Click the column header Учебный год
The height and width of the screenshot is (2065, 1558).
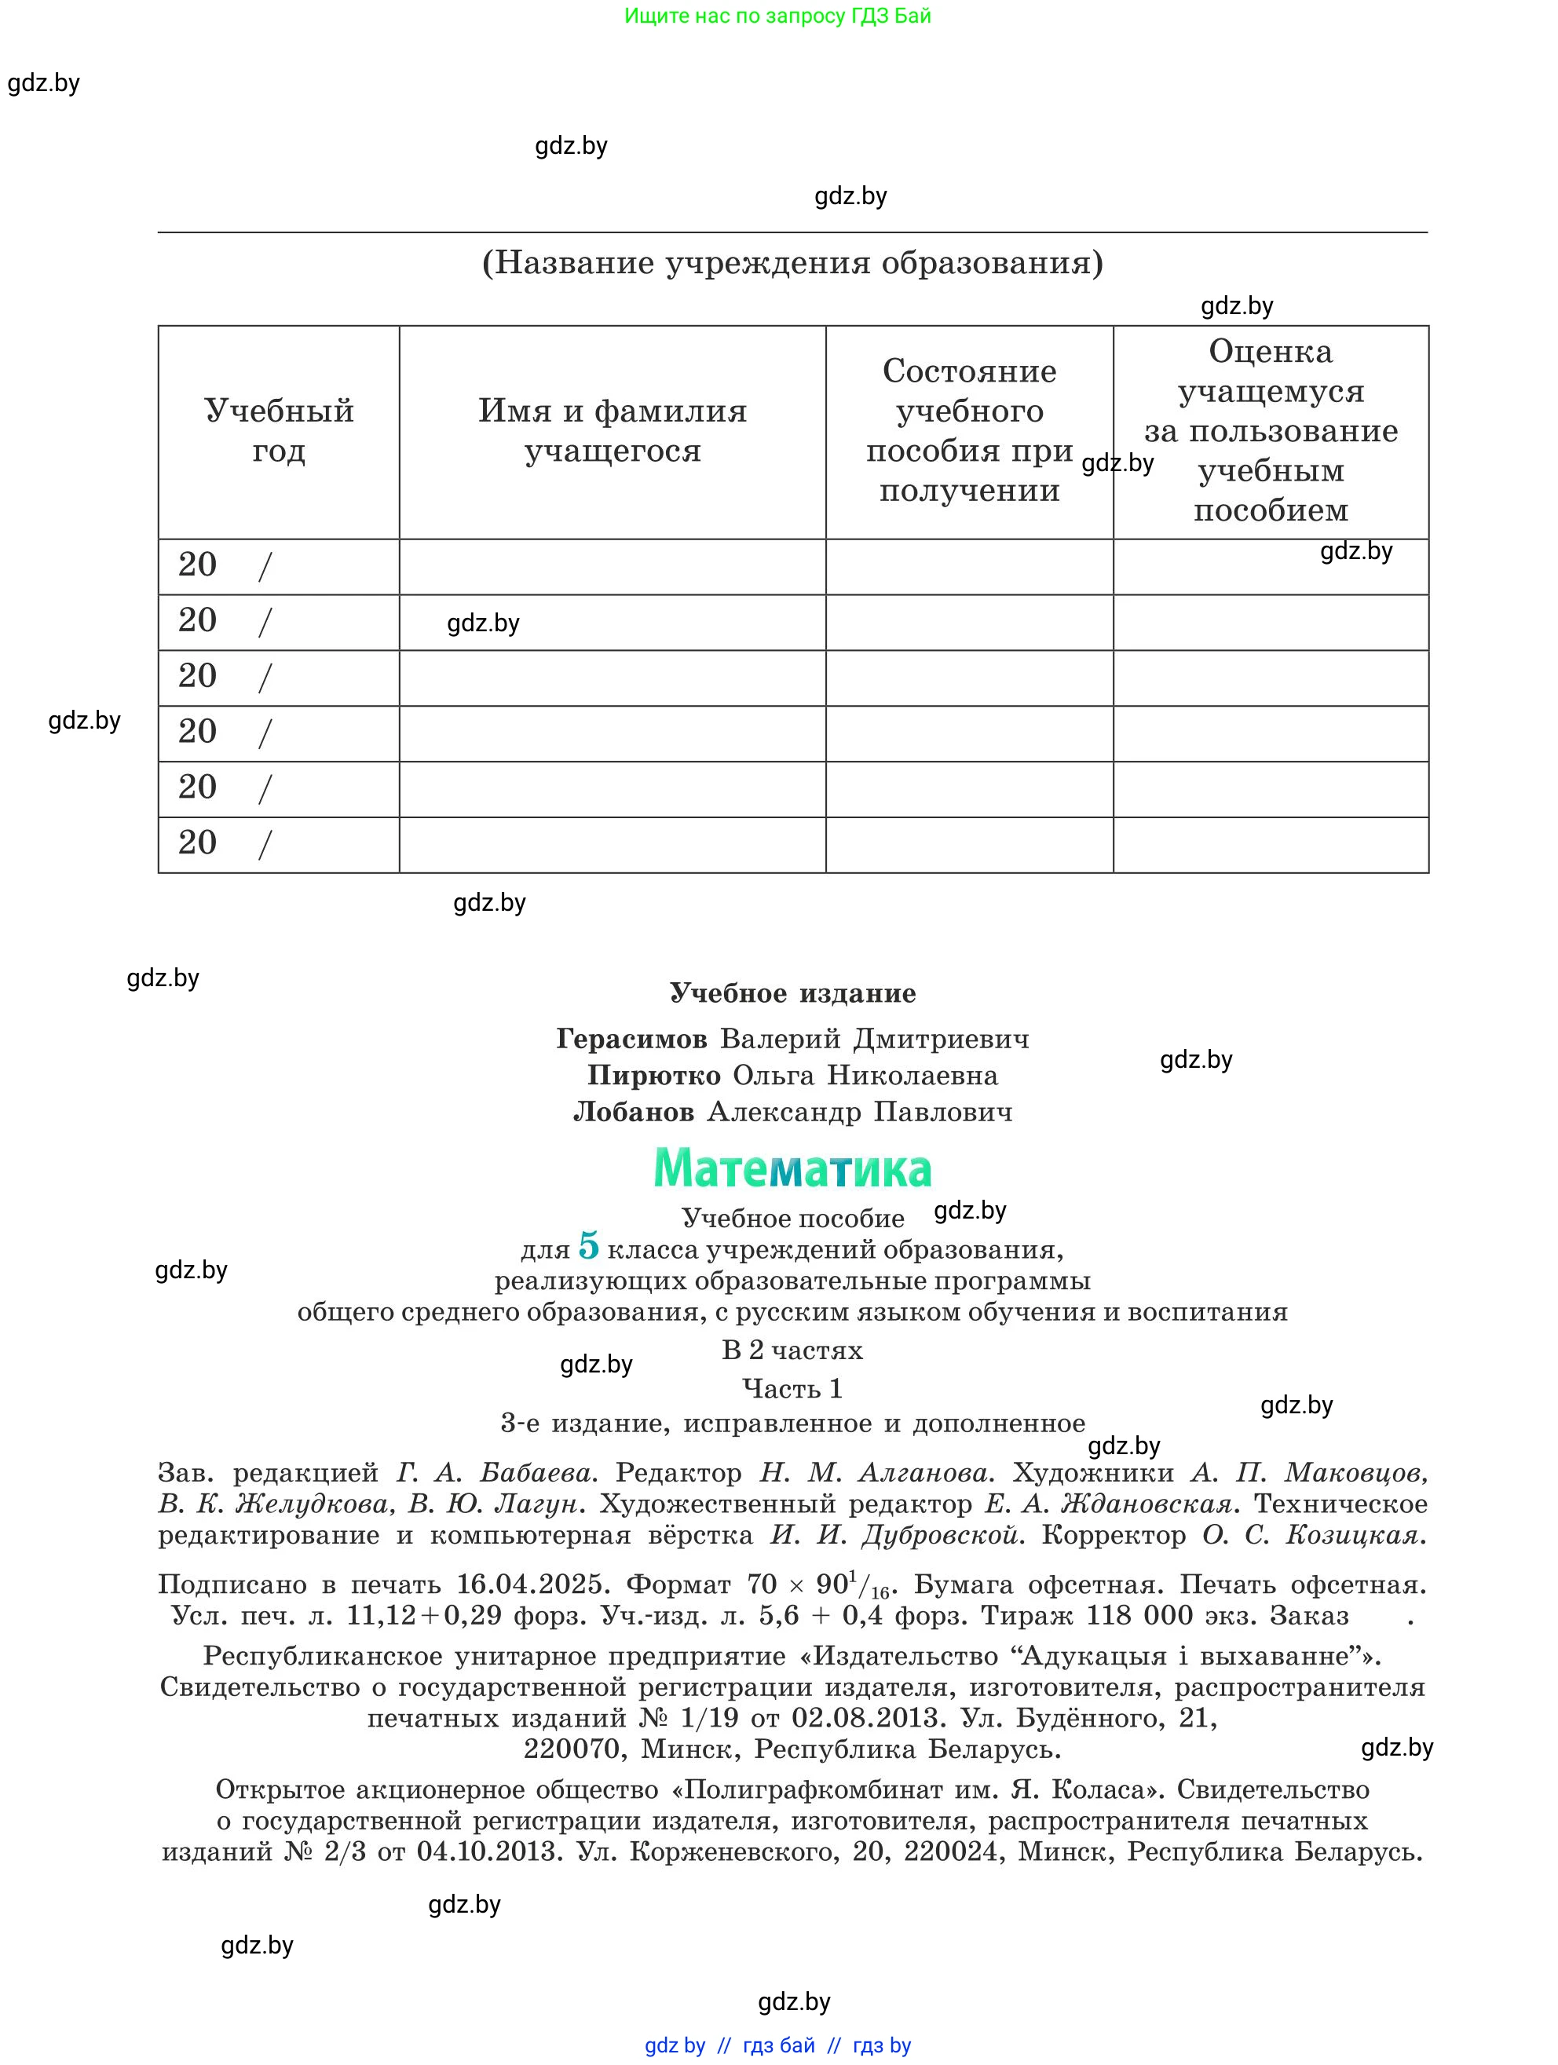[x=279, y=430]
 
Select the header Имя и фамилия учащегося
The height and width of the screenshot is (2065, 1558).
[x=613, y=430]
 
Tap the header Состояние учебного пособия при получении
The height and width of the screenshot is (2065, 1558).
[x=969, y=430]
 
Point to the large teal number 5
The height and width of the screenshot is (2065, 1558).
[x=588, y=1245]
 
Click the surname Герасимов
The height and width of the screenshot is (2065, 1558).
[x=631, y=1039]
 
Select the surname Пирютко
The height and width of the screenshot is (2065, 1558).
[x=653, y=1076]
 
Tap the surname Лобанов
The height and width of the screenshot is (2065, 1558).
[x=634, y=1112]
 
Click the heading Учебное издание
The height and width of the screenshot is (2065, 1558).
[x=792, y=993]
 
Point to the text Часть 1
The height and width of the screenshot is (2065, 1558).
[x=792, y=1388]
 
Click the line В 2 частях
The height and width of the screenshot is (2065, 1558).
[x=792, y=1350]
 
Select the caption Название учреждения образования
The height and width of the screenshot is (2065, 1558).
[x=792, y=262]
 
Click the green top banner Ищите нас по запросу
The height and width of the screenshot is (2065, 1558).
[x=777, y=16]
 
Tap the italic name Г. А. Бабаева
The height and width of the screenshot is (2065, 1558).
[x=495, y=1473]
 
